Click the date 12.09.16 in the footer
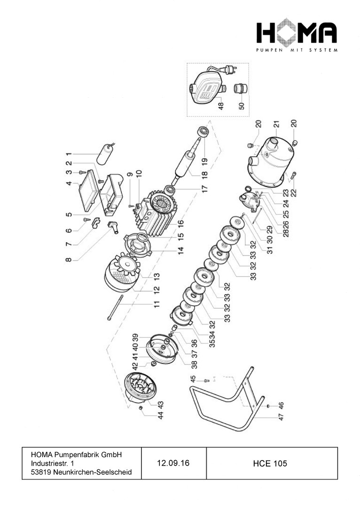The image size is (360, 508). [x=173, y=463]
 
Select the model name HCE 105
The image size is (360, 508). [x=270, y=464]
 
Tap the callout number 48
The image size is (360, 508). [x=221, y=106]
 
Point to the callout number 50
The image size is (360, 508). [x=242, y=106]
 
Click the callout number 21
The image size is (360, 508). [x=276, y=125]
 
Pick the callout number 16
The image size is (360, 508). [x=180, y=224]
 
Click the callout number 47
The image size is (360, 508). [x=281, y=417]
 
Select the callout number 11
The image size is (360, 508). [x=157, y=304]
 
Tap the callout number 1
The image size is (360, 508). [x=69, y=154]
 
